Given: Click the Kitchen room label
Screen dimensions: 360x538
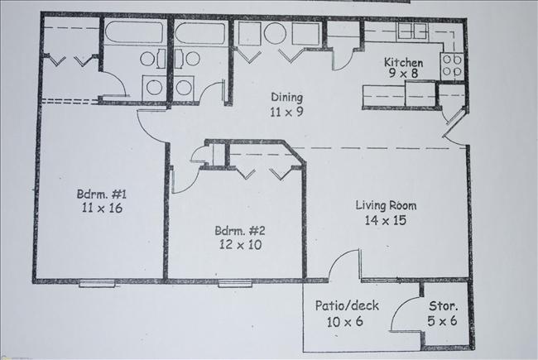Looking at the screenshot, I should point(403,63).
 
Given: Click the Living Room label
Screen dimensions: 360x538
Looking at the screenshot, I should point(386,206).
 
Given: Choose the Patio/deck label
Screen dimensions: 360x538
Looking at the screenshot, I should point(347,306).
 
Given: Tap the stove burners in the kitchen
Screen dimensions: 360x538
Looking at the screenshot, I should point(452,65).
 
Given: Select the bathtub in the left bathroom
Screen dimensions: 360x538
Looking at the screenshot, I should point(136,35).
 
